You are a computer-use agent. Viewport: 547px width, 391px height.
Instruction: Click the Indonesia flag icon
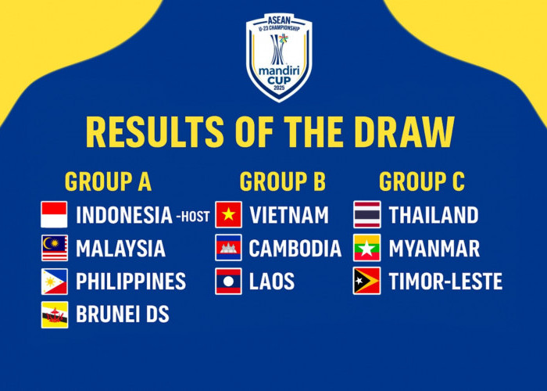point(55,214)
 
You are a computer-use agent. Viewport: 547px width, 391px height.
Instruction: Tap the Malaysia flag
point(55,248)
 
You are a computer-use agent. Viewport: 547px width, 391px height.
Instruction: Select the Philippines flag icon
point(55,282)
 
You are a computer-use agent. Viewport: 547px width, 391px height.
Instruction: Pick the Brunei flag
point(55,314)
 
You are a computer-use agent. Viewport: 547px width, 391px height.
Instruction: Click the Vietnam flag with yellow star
point(229,214)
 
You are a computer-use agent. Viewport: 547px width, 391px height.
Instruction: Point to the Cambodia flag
point(229,248)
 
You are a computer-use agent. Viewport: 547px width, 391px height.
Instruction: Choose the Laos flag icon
point(229,282)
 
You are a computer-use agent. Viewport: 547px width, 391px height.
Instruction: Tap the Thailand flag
point(367,214)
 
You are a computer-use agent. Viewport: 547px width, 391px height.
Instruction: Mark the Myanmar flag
point(367,248)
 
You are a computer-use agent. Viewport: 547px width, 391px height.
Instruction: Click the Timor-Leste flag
point(367,282)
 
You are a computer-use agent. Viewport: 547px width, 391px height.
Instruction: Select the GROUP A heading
point(108,181)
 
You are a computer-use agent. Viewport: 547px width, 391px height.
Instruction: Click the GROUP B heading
point(282,181)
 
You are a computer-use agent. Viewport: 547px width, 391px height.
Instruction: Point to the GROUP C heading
point(422,181)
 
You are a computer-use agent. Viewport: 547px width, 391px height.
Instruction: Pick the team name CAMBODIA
point(295,249)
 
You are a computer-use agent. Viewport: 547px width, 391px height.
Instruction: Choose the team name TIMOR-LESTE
point(445,282)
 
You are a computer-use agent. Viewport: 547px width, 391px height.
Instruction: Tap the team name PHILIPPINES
point(130,282)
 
